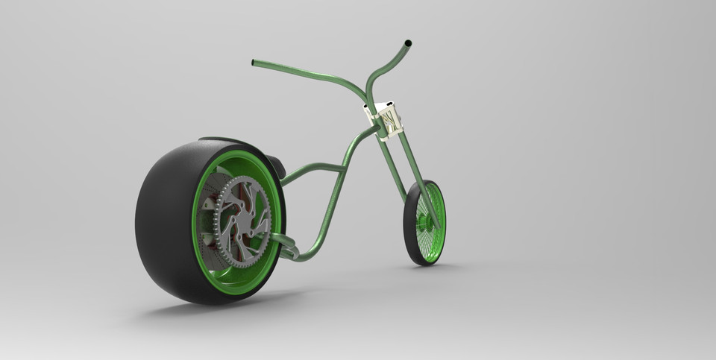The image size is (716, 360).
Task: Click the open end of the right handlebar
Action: [408, 43]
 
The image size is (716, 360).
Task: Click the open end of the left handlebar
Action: [254, 63]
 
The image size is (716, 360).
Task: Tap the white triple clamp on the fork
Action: [386, 119]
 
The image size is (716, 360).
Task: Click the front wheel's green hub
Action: [427, 221]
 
